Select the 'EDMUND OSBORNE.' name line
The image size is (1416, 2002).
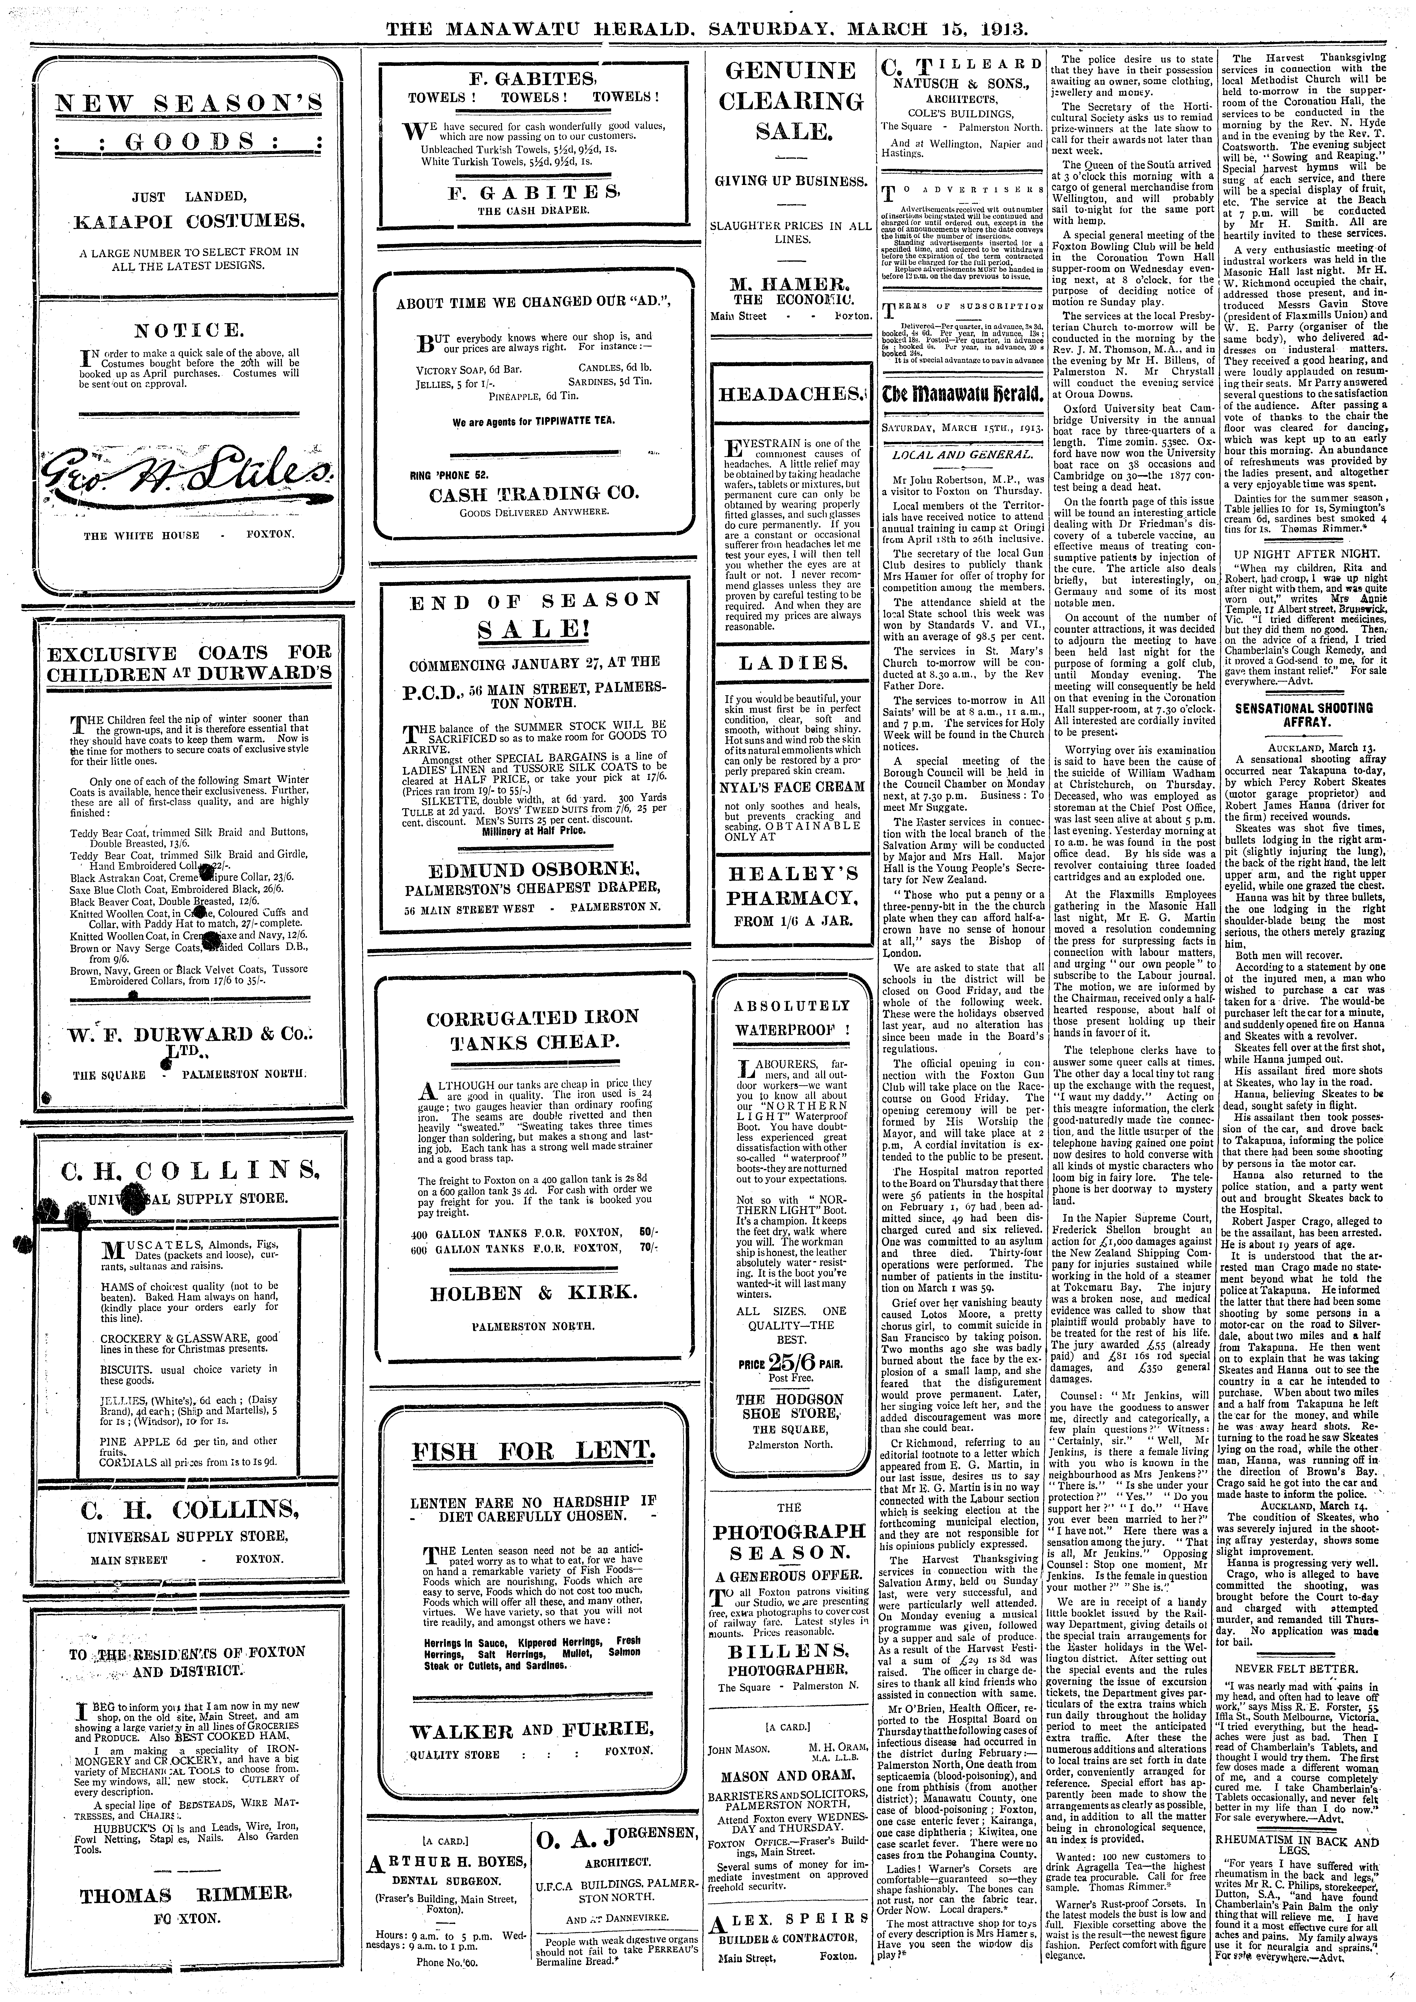coord(533,870)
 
